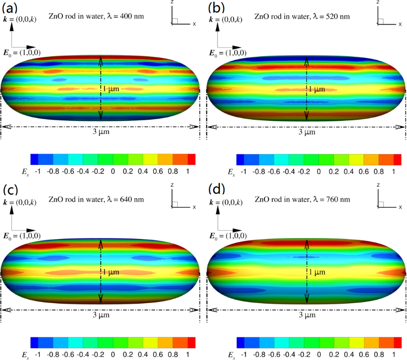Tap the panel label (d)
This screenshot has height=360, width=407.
coord(216,190)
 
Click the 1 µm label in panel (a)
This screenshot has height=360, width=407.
coord(111,89)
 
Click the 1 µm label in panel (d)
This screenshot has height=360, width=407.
coord(317,272)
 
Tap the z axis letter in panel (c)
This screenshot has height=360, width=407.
coord(172,185)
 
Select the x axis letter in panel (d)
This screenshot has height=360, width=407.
coord(400,207)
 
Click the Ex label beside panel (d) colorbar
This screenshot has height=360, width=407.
coord(231,355)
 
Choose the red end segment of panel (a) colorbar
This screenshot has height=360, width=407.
coord(192,159)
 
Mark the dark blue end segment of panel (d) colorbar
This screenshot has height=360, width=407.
coord(240,342)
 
